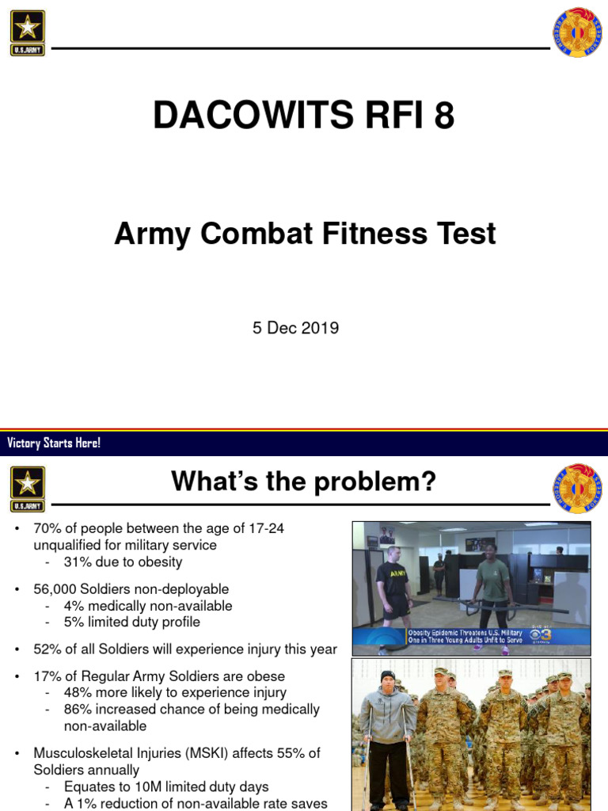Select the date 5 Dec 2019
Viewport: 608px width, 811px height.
pos(295,328)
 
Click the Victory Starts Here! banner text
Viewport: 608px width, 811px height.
pos(54,443)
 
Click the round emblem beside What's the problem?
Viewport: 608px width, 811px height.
pos(576,488)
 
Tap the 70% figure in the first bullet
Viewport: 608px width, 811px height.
pos(45,529)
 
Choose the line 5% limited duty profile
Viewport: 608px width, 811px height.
pos(131,623)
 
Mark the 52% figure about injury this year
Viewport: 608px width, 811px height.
pos(45,649)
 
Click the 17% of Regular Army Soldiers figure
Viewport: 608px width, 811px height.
pos(45,676)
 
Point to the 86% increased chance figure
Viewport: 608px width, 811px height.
pos(78,710)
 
